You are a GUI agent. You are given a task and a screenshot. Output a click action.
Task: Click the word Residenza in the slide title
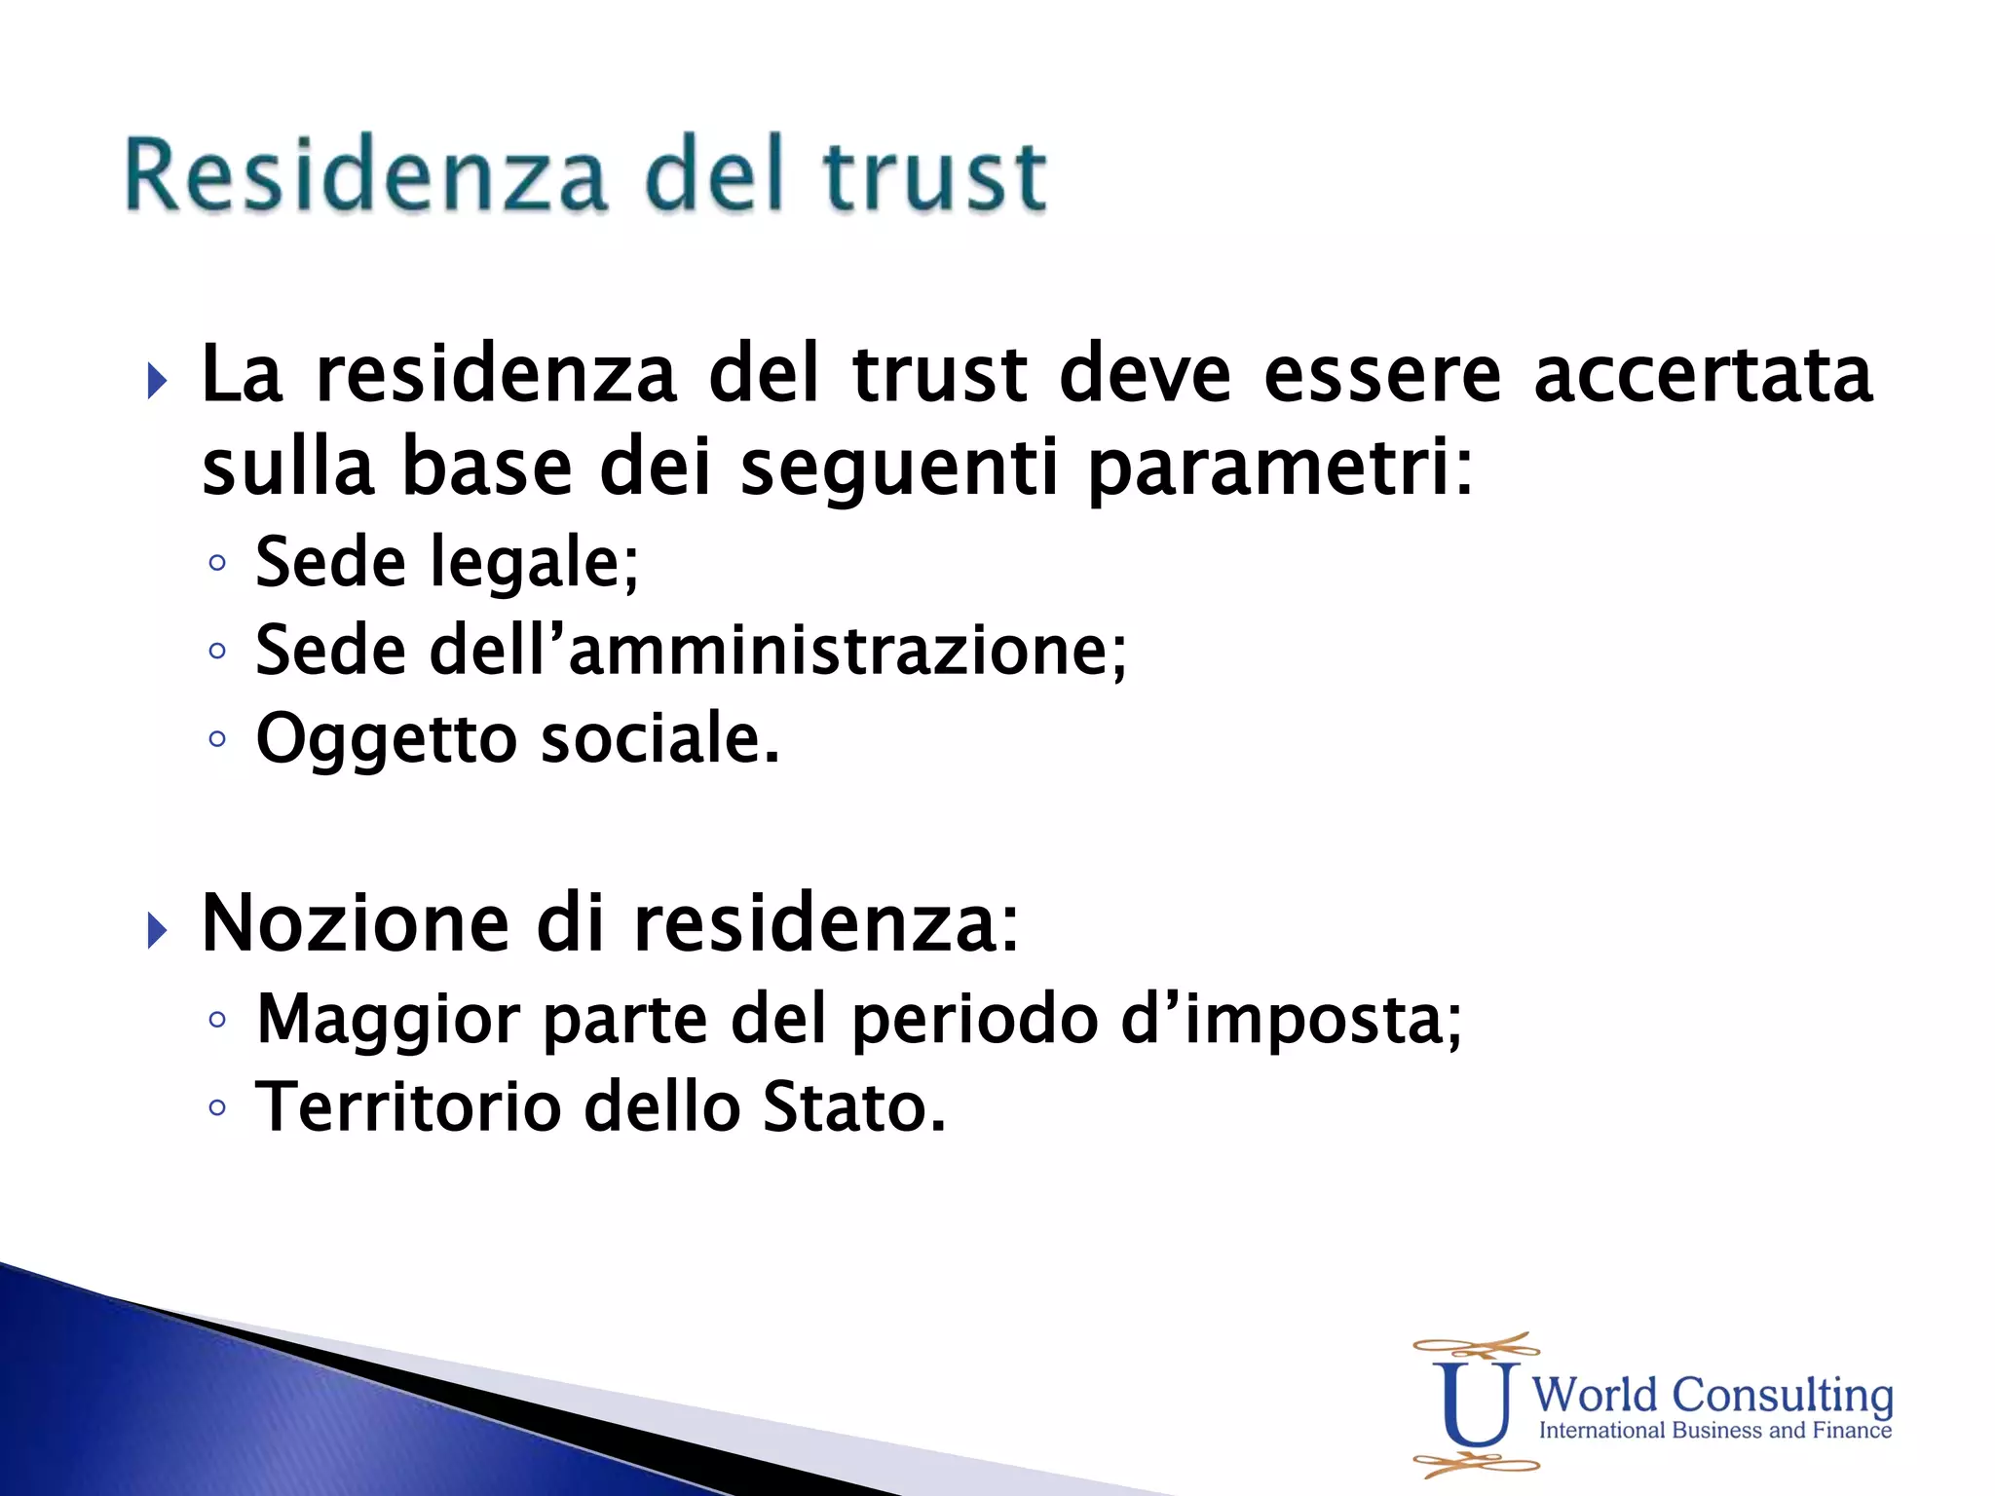pos(365,175)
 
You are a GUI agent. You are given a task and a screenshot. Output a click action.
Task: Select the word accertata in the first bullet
pos(1703,375)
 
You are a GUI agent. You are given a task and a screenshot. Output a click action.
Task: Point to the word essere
pos(1382,375)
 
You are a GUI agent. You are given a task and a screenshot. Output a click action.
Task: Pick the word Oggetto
pos(386,740)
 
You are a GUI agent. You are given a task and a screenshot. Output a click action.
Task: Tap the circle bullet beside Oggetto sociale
pos(217,738)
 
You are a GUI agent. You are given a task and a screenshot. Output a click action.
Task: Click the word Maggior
pos(387,1021)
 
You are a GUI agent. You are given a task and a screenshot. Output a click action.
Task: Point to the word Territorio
pos(408,1107)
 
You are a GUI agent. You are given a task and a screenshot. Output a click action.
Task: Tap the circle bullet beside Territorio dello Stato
pos(217,1107)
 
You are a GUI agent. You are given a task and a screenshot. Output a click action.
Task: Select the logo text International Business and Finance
pos(1714,1431)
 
